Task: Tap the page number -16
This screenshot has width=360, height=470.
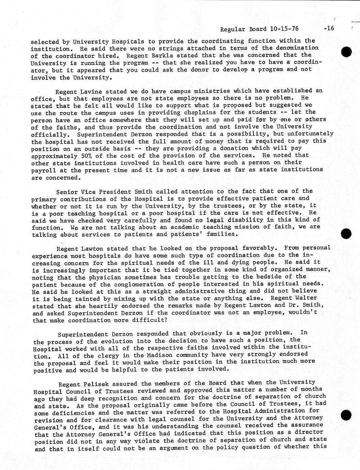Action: coord(329,29)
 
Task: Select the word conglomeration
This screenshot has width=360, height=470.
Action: coord(125,284)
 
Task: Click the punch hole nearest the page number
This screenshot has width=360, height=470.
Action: coord(346,52)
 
